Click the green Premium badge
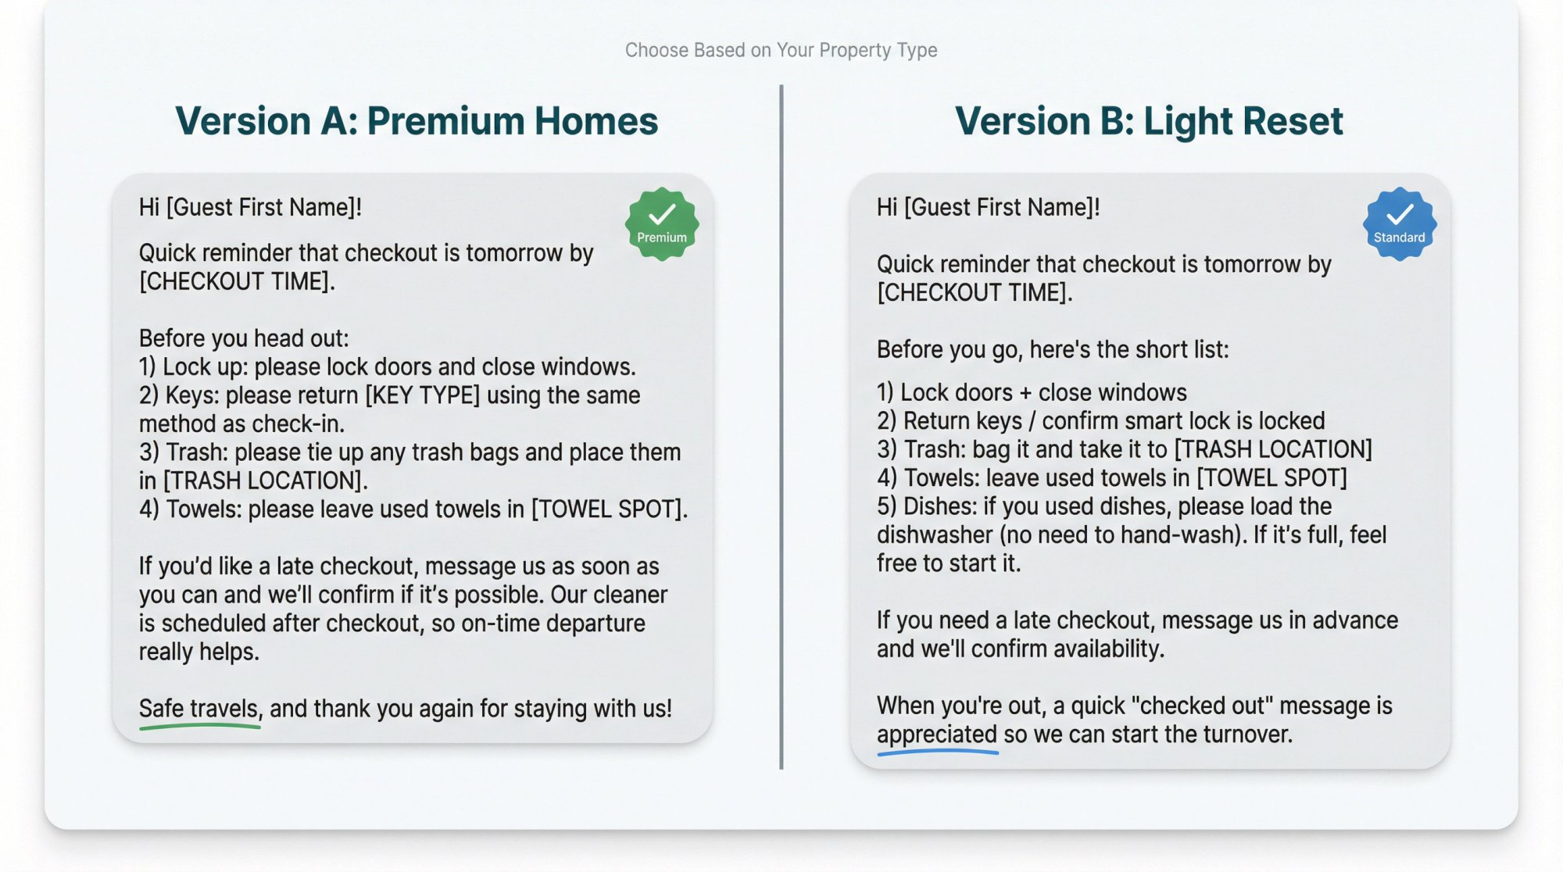661,224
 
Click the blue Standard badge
1399,224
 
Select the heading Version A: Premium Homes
417,121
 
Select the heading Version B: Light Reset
1149,121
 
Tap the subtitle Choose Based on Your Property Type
781,50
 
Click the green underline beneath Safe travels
199,727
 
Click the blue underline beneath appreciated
937,752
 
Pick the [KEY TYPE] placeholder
423,395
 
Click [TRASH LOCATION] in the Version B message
1274,449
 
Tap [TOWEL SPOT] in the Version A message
608,509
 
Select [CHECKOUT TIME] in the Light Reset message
975,293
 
